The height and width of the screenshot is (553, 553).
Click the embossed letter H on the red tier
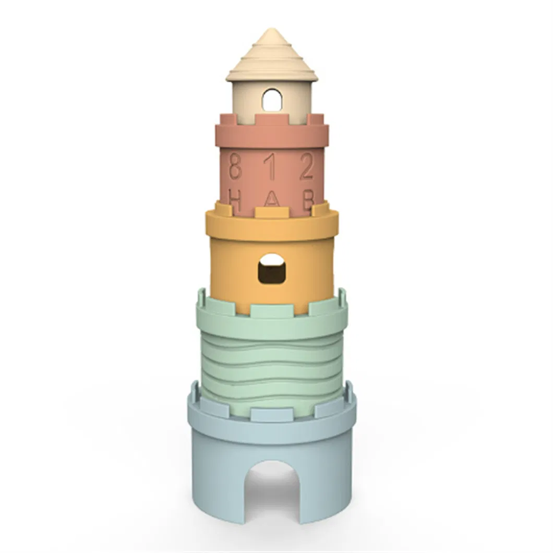(x=235, y=200)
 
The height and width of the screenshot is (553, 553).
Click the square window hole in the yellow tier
(x=272, y=269)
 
